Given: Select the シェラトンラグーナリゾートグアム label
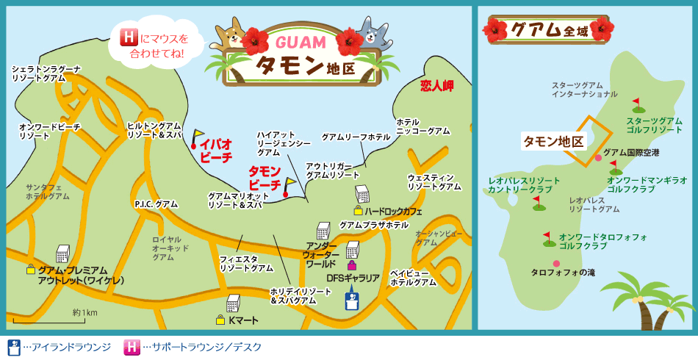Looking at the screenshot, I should [x=46, y=73].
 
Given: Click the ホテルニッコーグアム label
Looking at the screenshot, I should [x=422, y=126].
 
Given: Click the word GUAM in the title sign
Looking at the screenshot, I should [x=297, y=43].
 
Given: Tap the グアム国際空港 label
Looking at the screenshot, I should [x=631, y=152].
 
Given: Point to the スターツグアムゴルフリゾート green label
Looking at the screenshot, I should [x=654, y=124].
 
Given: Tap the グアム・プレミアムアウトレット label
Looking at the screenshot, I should [x=81, y=275].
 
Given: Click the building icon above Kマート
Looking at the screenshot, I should [x=234, y=302].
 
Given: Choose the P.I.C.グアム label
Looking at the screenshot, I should [x=156, y=204].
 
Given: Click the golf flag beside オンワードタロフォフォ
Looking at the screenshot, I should [x=547, y=238].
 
